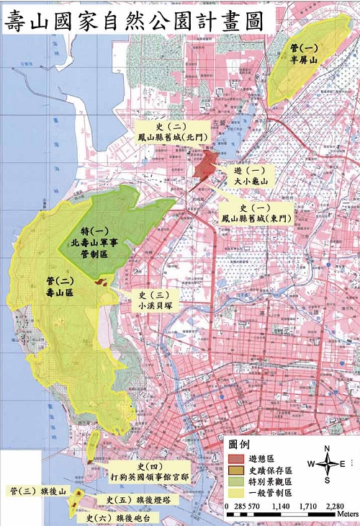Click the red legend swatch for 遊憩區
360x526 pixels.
tap(236, 458)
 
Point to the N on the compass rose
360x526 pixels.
tap(327, 448)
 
